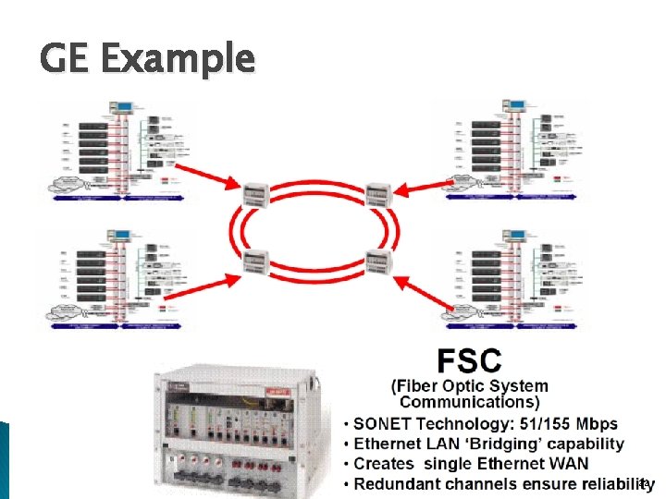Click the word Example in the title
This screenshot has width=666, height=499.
pyautogui.click(x=176, y=58)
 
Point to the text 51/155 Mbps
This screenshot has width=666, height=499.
pyautogui.click(x=573, y=423)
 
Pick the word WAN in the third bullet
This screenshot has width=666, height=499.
pyautogui.click(x=566, y=464)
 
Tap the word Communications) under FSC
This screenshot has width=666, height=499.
pyautogui.click(x=469, y=402)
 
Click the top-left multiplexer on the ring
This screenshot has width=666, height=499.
pyautogui.click(x=256, y=194)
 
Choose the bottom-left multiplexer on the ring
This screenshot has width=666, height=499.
pyautogui.click(x=256, y=262)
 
